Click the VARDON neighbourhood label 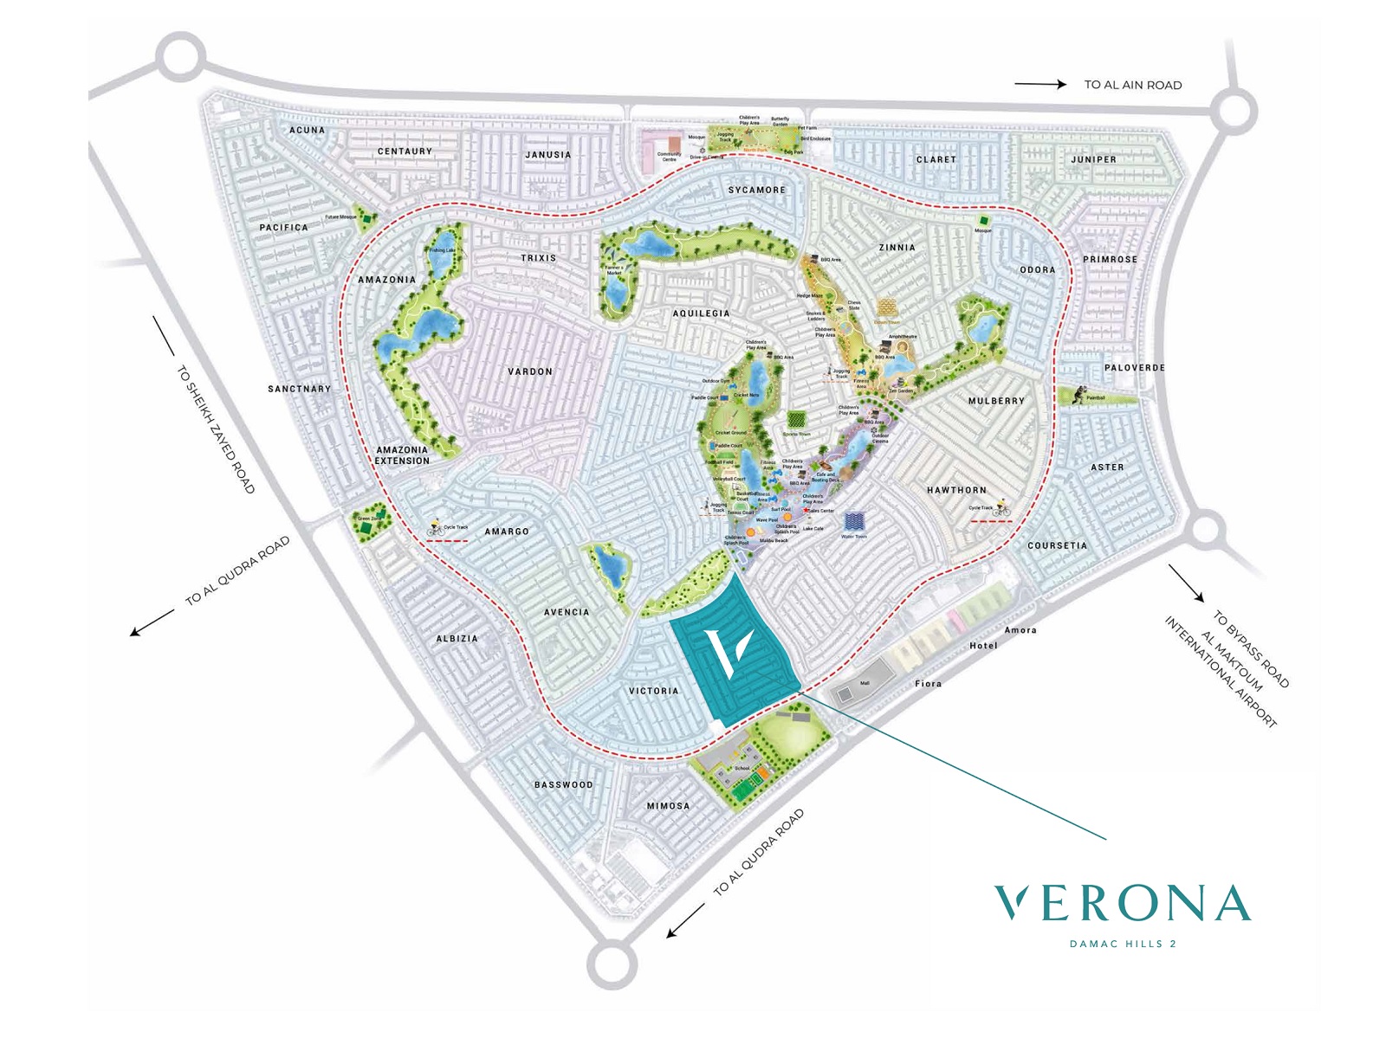(530, 371)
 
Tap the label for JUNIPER (1093, 159)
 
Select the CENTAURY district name (405, 152)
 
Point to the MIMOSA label (669, 806)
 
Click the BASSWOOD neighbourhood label (564, 785)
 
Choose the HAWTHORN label (956, 490)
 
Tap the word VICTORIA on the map (654, 691)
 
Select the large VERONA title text (1122, 904)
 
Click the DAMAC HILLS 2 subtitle (1123, 944)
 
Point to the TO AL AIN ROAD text (1133, 85)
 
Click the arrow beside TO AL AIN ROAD (1040, 84)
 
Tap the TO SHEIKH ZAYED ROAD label (216, 429)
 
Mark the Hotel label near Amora (983, 646)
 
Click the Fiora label (928, 684)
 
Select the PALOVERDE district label (1135, 368)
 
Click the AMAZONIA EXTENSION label (402, 455)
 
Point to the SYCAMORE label (756, 190)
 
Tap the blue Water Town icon (853, 522)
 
